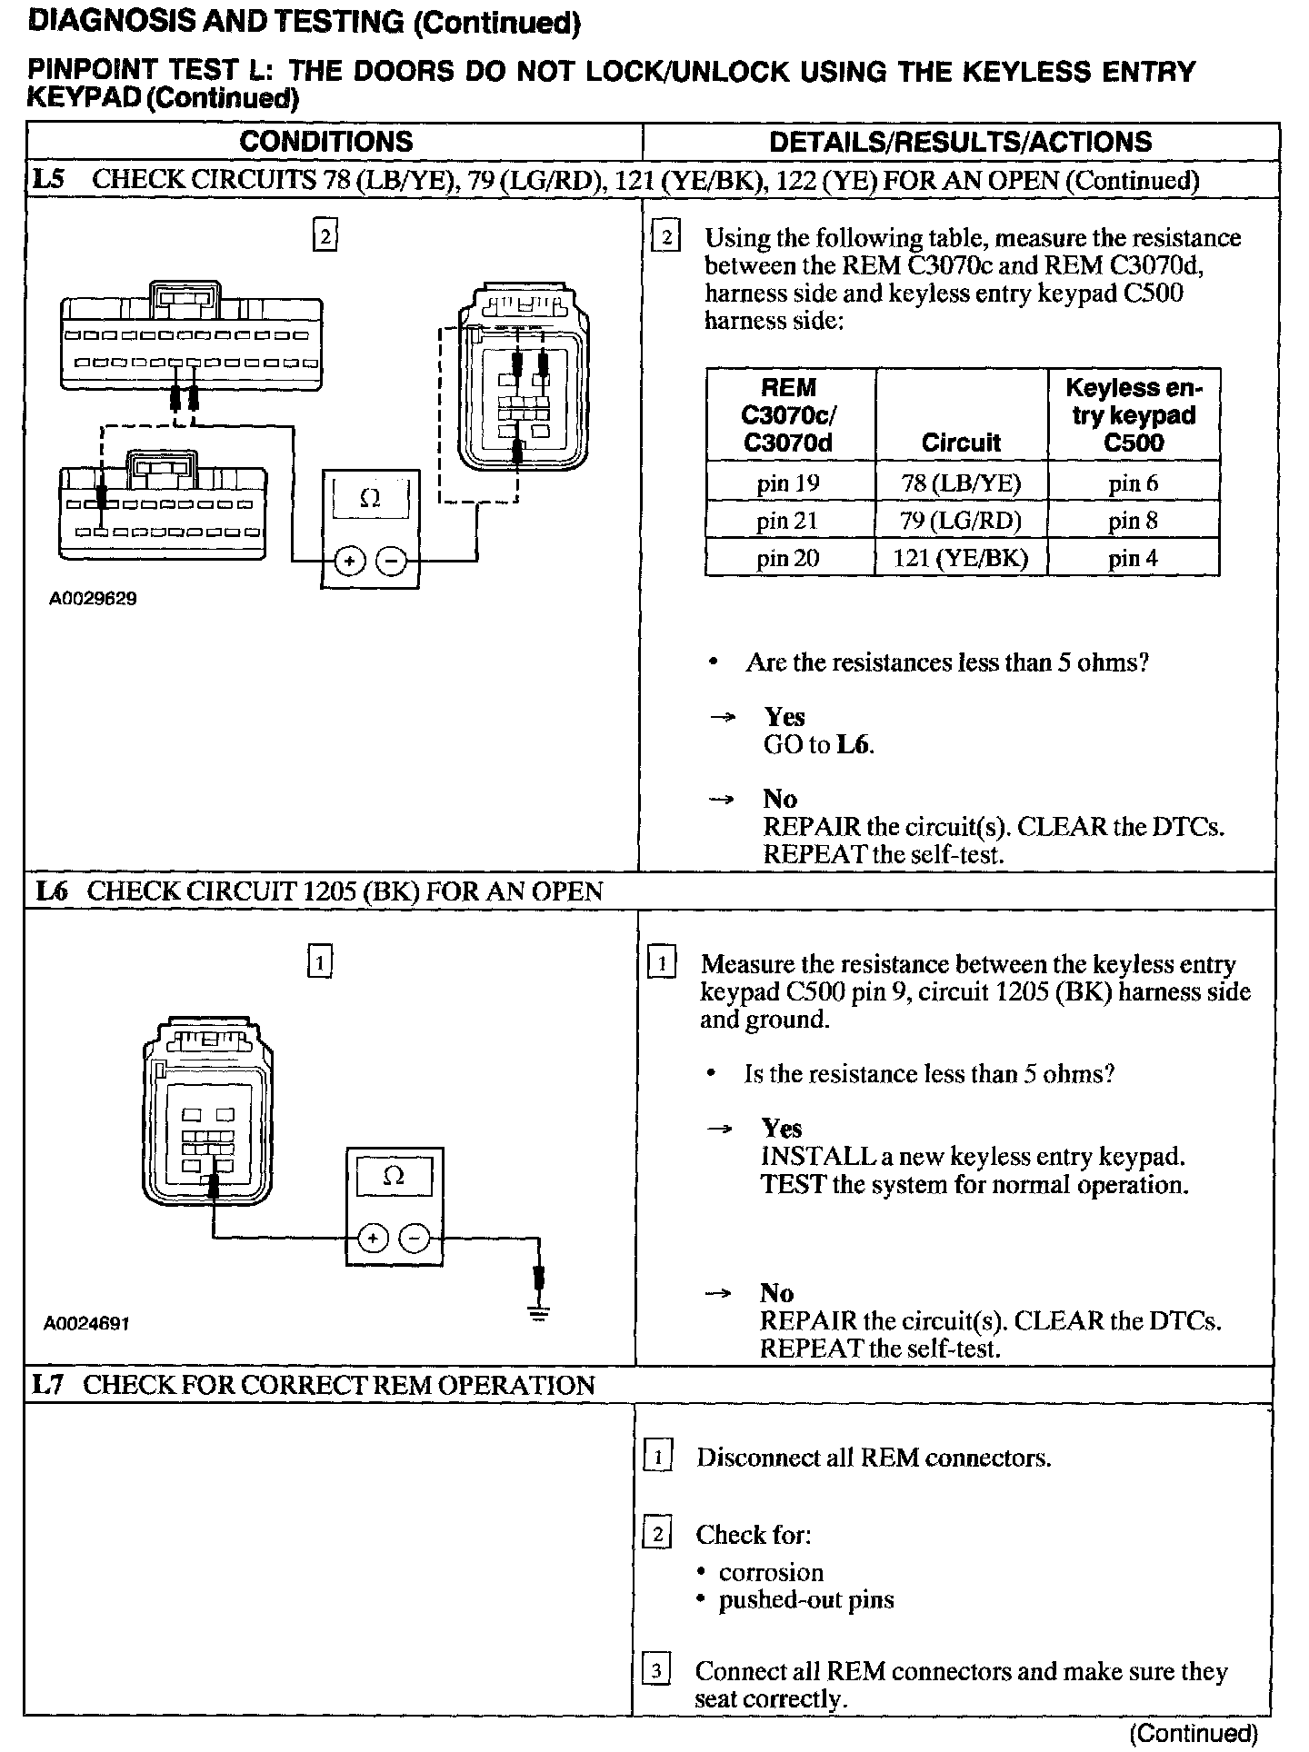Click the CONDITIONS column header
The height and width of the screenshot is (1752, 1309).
coord(325,142)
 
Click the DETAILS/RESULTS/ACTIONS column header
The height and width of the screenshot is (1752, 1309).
coord(960,142)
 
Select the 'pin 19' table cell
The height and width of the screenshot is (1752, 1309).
coord(788,483)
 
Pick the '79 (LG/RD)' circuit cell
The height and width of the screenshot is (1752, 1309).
coord(961,521)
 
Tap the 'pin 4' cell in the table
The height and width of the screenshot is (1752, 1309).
coord(1133,558)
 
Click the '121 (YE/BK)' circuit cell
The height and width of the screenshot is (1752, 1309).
coord(961,558)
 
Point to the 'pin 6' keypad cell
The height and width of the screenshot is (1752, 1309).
coord(1133,483)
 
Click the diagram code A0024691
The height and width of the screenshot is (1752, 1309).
coord(86,1324)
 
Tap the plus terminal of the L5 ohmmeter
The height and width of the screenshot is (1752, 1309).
coord(348,562)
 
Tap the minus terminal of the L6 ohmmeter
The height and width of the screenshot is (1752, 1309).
coord(415,1238)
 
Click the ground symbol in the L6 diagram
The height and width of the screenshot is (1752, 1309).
coord(539,1313)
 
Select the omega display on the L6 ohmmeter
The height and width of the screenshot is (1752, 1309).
coord(394,1178)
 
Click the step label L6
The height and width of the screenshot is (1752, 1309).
coord(51,891)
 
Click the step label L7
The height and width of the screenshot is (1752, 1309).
coord(48,1385)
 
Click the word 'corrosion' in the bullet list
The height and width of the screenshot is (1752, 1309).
coord(771,1572)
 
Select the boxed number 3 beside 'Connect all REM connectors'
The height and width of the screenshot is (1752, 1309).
coord(656,1670)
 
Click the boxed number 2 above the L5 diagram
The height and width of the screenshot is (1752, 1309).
coord(325,236)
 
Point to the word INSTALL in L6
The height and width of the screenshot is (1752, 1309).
coord(805,1157)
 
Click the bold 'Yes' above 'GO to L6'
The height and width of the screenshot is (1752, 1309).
coord(784,717)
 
